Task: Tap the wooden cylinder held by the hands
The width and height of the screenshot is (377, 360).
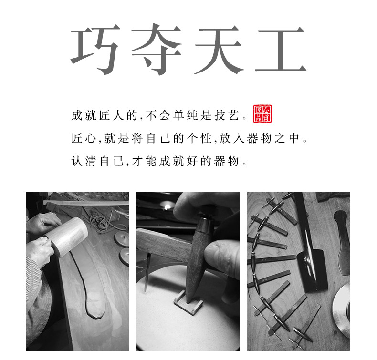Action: [x=72, y=236]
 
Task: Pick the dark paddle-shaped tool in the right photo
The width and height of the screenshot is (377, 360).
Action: [x=342, y=238]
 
